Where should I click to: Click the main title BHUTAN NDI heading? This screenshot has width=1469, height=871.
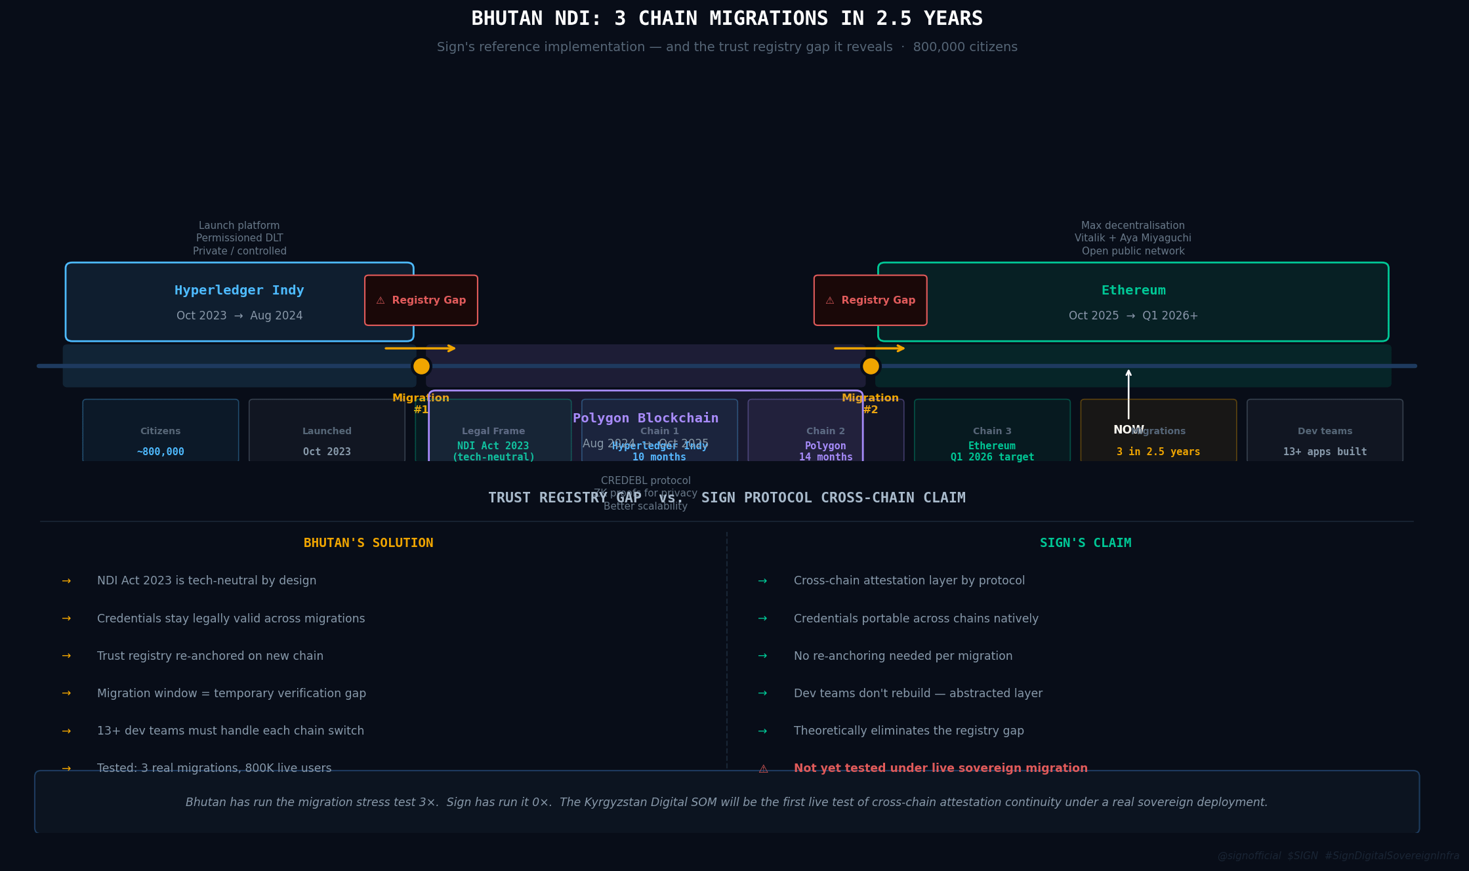point(727,18)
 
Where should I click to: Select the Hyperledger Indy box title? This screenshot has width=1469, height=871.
point(239,291)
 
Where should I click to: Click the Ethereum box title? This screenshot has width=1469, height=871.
point(1133,291)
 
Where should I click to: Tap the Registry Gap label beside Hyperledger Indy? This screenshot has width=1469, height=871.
point(421,300)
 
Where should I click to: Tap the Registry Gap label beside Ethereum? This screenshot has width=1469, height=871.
point(871,300)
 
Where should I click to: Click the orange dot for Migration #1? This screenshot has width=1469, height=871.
point(421,366)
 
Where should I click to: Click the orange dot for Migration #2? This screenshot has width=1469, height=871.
point(871,366)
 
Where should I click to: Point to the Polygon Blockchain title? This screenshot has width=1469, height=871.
point(646,418)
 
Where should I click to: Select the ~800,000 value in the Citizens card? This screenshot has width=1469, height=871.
point(161,452)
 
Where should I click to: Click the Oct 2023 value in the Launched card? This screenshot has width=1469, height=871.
point(327,452)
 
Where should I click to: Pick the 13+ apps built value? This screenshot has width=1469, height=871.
point(1325,452)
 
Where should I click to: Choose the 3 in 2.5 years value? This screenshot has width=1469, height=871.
point(1158,452)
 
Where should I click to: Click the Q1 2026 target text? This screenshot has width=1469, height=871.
point(992,457)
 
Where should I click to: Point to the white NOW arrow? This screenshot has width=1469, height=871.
point(1128,394)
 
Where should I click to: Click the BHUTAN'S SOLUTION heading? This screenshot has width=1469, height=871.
point(369,543)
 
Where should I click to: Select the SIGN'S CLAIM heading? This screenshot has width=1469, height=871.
point(1085,543)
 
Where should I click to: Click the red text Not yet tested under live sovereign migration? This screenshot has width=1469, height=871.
point(940,768)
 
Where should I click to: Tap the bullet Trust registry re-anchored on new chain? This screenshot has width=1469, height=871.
point(210,656)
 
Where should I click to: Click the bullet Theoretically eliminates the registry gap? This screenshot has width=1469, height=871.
point(909,731)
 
